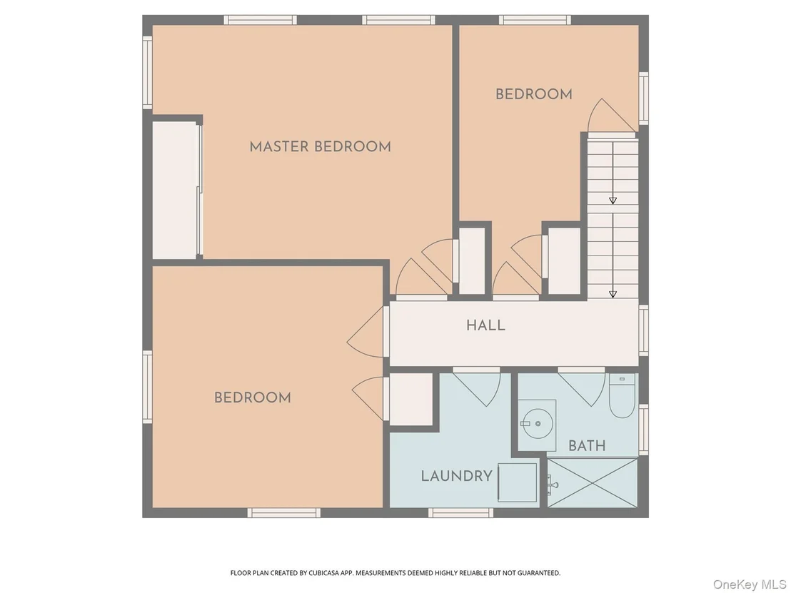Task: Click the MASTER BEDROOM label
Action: click(x=321, y=147)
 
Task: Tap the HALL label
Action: click(x=485, y=325)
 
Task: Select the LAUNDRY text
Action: click(x=457, y=476)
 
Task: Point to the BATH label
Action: click(x=587, y=446)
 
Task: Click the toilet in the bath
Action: click(x=622, y=396)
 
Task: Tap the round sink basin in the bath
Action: click(x=538, y=424)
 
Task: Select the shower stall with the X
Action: click(x=593, y=482)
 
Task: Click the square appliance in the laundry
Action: click(x=518, y=482)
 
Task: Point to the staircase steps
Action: click(x=613, y=219)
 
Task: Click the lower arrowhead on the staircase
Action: click(x=613, y=294)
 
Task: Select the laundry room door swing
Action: click(x=477, y=386)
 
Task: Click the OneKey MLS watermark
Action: click(x=750, y=584)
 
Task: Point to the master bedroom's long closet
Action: click(x=175, y=191)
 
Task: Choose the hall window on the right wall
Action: click(x=644, y=330)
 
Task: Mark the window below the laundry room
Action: click(x=461, y=513)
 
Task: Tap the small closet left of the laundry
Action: click(x=411, y=400)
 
